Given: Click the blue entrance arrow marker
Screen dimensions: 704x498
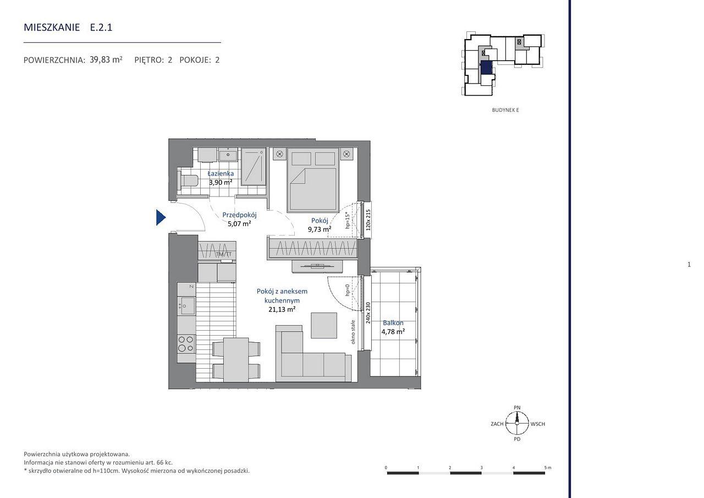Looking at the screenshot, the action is (x=161, y=217).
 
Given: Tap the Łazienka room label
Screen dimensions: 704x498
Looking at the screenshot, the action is (x=221, y=173).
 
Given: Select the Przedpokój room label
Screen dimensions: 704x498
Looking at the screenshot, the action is (x=239, y=215).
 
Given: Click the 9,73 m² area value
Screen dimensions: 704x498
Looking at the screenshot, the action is (x=320, y=229).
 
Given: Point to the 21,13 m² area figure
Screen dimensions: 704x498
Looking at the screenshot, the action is (x=282, y=309).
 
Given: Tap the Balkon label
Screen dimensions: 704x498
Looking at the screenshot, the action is (x=393, y=322).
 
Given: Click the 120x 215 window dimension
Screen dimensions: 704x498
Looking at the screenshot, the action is (x=369, y=220).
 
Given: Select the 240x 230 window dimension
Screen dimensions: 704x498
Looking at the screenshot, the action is (x=368, y=313).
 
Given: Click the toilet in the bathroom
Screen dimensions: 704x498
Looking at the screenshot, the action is (x=188, y=181).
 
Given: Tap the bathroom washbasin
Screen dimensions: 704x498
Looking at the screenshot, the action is (x=228, y=155).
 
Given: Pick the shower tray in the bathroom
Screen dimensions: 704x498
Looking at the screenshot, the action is (x=254, y=167).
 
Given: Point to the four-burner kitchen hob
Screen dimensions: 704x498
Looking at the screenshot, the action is (x=186, y=343).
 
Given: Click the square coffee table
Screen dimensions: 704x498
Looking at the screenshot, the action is (x=324, y=325).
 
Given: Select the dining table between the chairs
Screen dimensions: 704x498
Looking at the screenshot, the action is (x=236, y=360).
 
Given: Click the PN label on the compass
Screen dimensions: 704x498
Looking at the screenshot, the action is (x=517, y=407).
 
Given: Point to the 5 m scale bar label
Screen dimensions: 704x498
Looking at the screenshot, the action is (x=548, y=468).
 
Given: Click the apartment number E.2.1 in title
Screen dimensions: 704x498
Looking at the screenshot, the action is (x=101, y=28).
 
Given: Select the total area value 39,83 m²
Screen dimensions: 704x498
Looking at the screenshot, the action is (x=106, y=60).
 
